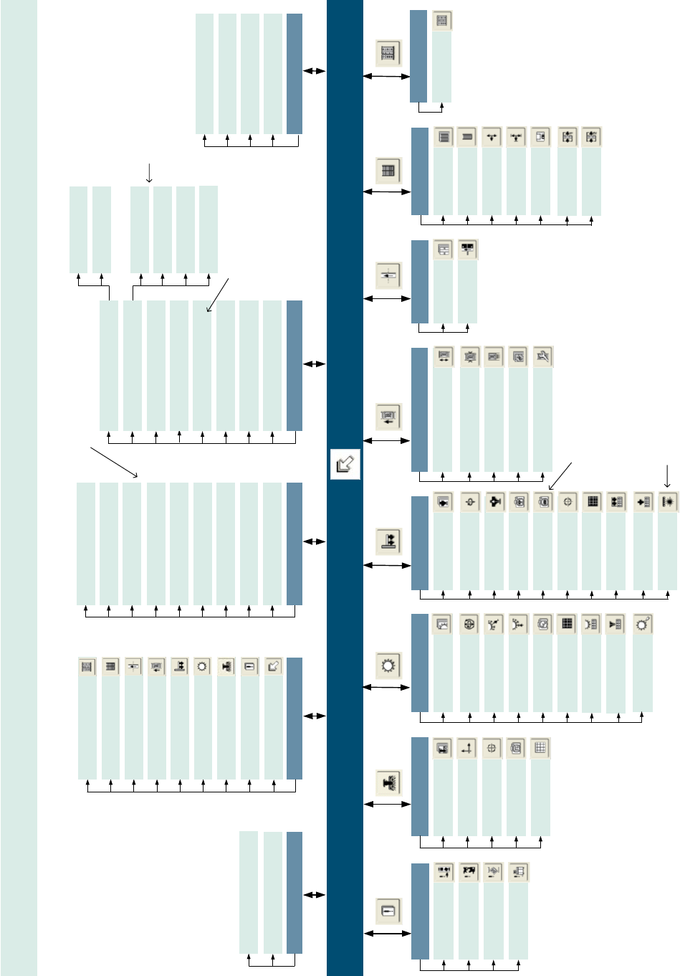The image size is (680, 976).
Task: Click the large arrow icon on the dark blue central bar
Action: (345, 464)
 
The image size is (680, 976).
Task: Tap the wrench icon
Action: (543, 356)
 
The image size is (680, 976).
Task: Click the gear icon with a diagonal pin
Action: (641, 624)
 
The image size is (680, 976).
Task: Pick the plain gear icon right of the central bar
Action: (388, 666)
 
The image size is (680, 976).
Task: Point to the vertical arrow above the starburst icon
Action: (668, 475)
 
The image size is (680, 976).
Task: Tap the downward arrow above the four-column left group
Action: (149, 172)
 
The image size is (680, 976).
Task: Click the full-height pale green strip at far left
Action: (19, 488)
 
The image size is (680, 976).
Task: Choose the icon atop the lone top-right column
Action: (442, 21)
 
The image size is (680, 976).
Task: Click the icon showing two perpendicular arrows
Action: (467, 749)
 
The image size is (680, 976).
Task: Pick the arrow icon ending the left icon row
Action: (273, 666)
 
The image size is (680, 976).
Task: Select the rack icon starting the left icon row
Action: (87, 666)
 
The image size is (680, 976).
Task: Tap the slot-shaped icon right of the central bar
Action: (388, 911)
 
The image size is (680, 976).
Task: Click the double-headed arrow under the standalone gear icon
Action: (387, 687)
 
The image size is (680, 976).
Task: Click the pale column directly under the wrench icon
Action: (543, 420)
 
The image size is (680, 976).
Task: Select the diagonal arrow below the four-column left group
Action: (218, 294)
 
